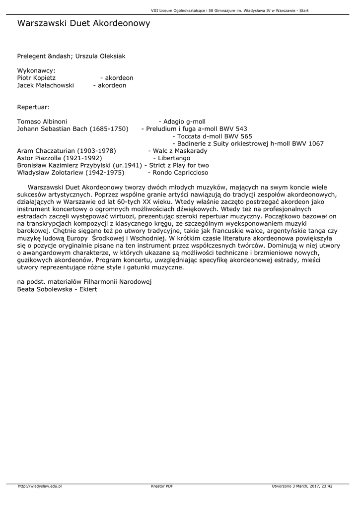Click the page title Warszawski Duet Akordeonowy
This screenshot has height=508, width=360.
pyautogui.click(x=83, y=23)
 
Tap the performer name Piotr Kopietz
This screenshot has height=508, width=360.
pyautogui.click(x=36, y=78)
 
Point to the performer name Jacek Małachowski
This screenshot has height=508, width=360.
pyautogui.click(x=45, y=85)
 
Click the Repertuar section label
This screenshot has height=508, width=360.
pyautogui.click(x=33, y=107)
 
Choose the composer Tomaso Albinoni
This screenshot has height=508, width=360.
pyautogui.click(x=42, y=122)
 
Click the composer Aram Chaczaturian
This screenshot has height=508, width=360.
pyautogui.click(x=46, y=151)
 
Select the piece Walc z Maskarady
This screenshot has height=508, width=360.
pyautogui.click(x=180, y=151)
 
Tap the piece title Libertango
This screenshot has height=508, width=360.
pyautogui.click(x=174, y=158)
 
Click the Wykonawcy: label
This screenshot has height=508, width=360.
pyautogui.click(x=36, y=70)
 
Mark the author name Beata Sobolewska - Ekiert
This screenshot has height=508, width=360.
pyautogui.click(x=57, y=289)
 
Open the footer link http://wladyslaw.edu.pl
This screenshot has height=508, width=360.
pyautogui.click(x=40, y=486)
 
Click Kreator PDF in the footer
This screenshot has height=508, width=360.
pyautogui.click(x=162, y=486)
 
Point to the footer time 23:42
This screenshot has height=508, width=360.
pyautogui.click(x=326, y=486)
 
